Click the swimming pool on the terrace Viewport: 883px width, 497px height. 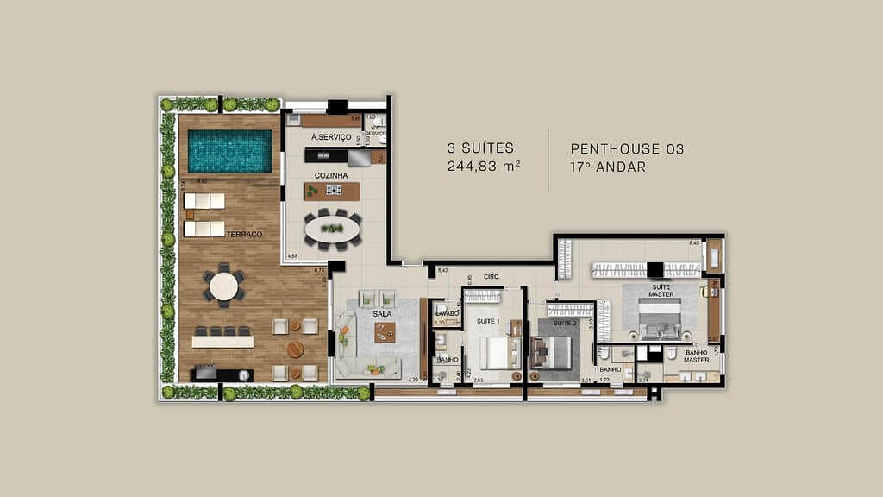[229, 151]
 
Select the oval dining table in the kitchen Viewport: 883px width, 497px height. [333, 230]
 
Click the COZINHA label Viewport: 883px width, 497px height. [331, 175]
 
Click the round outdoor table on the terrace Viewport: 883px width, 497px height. [224, 286]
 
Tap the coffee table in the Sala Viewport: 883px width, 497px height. [385, 330]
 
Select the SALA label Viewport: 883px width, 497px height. [384, 315]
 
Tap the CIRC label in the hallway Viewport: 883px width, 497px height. [492, 277]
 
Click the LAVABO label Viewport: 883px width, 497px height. [447, 313]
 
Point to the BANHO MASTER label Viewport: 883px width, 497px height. [697, 356]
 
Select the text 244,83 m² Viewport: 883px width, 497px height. [483, 167]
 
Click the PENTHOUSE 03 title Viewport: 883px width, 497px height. [627, 149]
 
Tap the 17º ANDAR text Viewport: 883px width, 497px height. [608, 167]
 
